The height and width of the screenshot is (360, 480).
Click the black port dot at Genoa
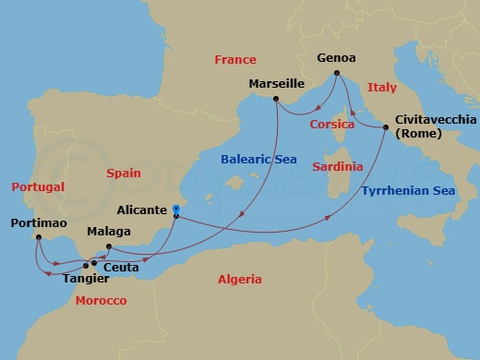point(338,73)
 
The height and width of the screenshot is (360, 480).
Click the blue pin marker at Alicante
point(175,210)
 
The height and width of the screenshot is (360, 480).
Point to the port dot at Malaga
point(109,246)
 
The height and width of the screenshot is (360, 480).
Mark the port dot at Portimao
point(38,237)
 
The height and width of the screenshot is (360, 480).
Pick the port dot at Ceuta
point(93,262)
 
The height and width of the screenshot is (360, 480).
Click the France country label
point(235,60)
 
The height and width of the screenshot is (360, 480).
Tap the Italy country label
point(381,87)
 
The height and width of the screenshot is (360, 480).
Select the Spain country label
point(123,173)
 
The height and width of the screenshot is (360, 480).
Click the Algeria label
point(239,279)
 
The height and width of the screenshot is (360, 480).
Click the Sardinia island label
point(337,167)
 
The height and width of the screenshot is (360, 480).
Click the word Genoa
point(336,57)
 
